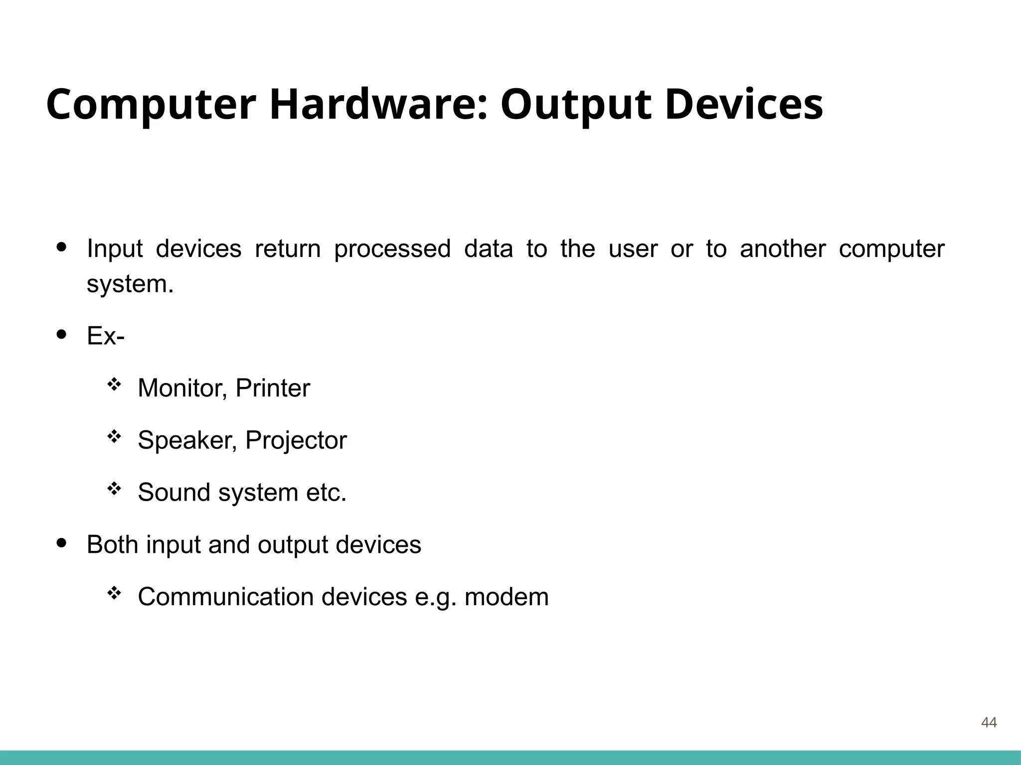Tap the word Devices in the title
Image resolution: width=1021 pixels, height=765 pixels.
[x=743, y=105]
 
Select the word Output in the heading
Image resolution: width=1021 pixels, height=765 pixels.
[x=575, y=106]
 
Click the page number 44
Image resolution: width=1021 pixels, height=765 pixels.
[x=989, y=722]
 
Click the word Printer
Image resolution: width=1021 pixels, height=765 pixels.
[x=273, y=388]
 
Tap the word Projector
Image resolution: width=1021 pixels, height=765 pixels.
[x=296, y=440]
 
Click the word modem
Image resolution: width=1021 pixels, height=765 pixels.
[x=507, y=597]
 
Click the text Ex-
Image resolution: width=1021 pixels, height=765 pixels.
[x=106, y=336]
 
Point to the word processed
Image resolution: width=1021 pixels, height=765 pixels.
[x=392, y=249]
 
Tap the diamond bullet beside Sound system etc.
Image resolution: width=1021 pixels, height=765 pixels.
[x=114, y=489]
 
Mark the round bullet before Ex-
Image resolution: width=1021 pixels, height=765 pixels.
[x=62, y=335]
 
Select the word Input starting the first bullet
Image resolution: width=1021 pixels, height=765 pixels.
[x=115, y=249]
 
